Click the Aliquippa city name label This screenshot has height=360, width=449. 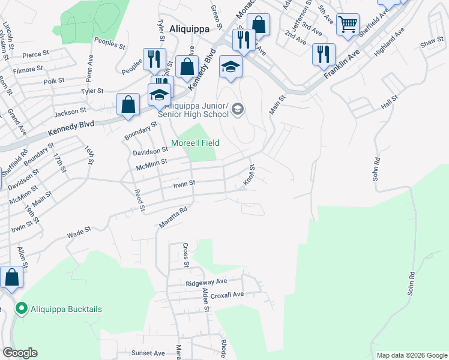[x=189, y=28]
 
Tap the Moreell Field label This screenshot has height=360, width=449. [x=195, y=143]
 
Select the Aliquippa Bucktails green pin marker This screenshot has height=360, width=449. [x=22, y=309]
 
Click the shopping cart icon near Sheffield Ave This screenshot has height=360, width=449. [x=348, y=25]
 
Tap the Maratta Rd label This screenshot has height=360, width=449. [x=174, y=217]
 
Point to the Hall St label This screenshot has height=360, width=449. [x=390, y=102]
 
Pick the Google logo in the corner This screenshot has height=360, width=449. [x=20, y=353]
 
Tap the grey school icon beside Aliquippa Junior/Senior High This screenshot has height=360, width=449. [x=238, y=109]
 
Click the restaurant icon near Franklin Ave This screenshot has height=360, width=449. [x=324, y=53]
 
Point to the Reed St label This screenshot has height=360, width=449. [x=140, y=200]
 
